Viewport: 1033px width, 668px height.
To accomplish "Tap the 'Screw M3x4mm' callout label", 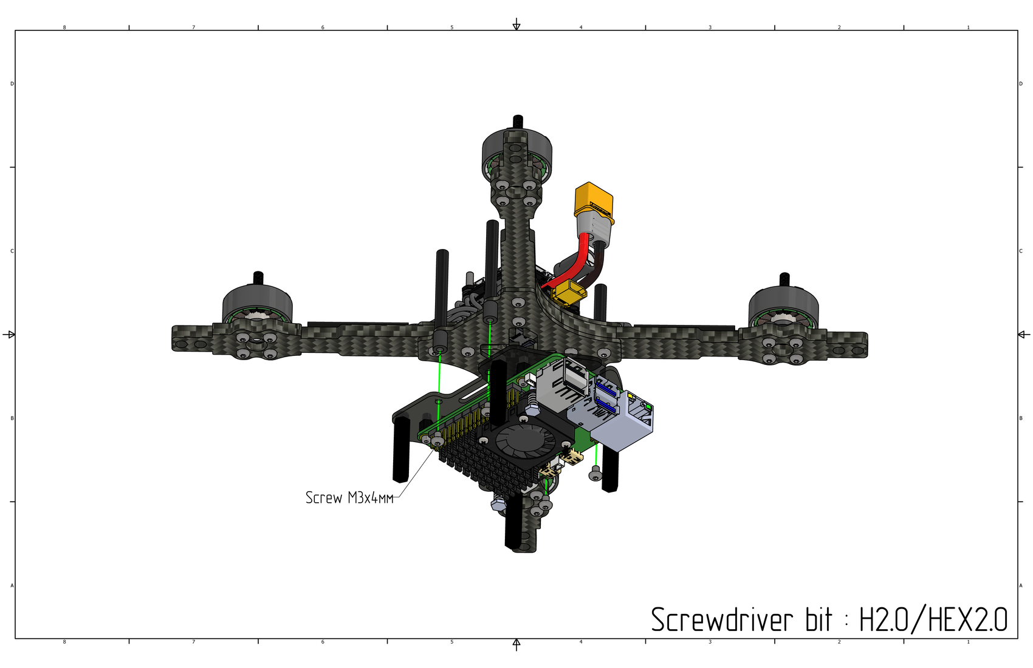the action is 349,498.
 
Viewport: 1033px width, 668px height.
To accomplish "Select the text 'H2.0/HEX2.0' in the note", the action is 933,619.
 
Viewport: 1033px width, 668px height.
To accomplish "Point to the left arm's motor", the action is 257,304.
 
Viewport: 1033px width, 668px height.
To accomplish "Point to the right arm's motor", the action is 783,304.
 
